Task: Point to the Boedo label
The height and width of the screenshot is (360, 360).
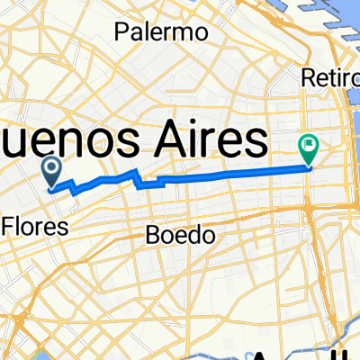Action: coord(181,236)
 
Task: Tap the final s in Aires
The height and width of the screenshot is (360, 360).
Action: coord(256,142)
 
